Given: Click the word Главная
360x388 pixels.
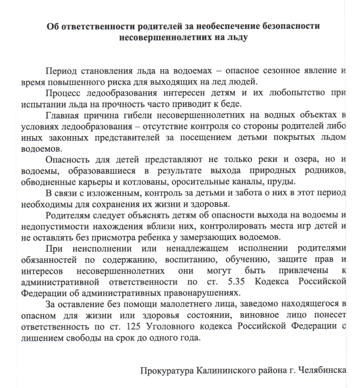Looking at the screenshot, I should (x=63, y=115).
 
